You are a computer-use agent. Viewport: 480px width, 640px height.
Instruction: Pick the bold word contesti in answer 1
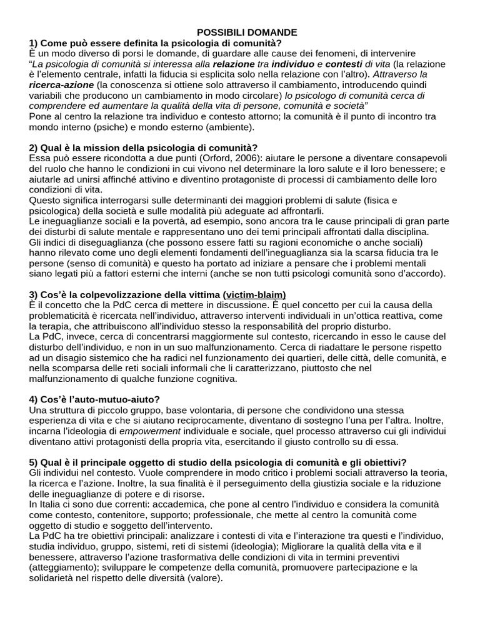343,64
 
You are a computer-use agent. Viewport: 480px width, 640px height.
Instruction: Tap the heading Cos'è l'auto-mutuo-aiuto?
94,399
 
